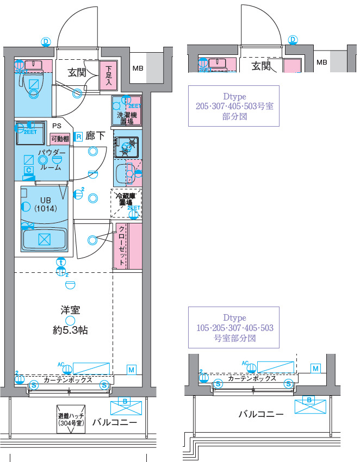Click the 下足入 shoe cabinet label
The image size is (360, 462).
[108, 76]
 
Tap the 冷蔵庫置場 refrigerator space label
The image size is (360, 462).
[126, 198]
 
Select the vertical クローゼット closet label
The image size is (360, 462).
[122, 246]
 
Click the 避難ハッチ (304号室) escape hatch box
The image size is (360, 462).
[70, 419]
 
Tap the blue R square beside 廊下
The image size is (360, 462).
[78, 136]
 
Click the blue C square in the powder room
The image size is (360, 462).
[28, 170]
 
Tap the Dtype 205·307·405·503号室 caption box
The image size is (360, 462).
[234, 106]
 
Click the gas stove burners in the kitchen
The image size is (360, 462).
[127, 145]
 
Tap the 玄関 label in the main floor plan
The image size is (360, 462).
[77, 72]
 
